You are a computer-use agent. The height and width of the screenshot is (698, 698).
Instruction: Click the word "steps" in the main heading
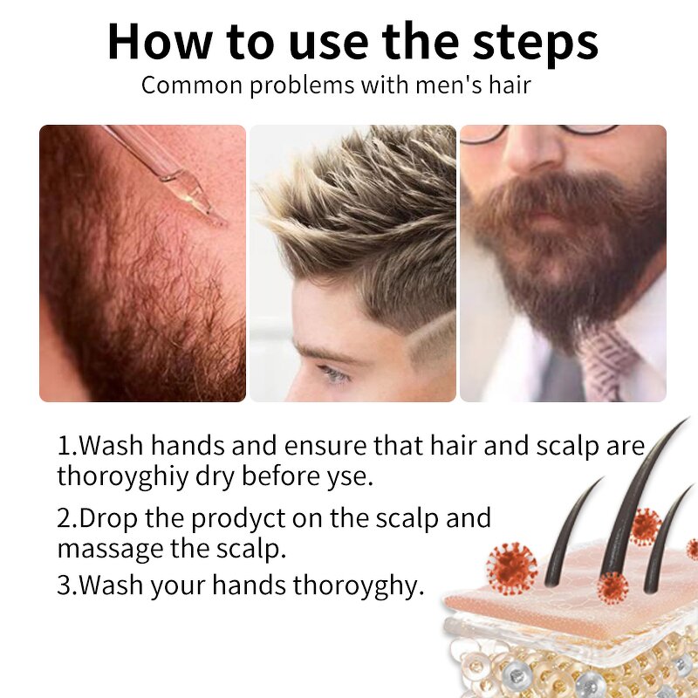click(535, 44)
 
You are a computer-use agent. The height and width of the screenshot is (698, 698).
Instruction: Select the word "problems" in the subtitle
click(302, 85)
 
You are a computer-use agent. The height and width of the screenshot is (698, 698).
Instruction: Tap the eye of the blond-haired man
click(333, 373)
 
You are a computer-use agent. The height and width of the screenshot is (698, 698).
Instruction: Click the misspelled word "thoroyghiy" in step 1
click(123, 476)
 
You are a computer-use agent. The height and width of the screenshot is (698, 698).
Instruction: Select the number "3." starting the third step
click(68, 585)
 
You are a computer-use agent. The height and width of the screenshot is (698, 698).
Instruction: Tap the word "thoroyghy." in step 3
click(359, 585)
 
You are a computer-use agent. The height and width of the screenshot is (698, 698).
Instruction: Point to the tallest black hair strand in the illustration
click(632, 498)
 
